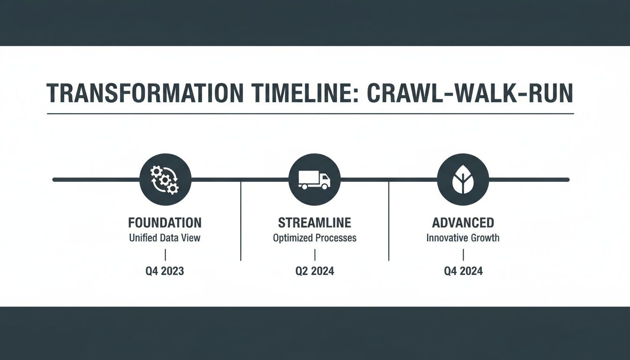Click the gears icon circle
[x=165, y=180]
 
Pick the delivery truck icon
[x=315, y=180]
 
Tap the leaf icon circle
[x=463, y=180]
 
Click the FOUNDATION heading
[x=165, y=222]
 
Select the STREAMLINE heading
[x=315, y=222]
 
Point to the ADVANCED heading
[x=463, y=222]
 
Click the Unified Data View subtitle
[x=165, y=238]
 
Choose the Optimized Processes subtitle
[x=315, y=238]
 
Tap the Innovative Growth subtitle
[x=463, y=238]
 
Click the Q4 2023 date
[x=165, y=271]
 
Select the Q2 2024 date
[x=315, y=271]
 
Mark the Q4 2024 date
[x=463, y=271]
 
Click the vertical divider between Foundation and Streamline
[x=240, y=220]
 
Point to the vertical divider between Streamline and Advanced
[x=389, y=220]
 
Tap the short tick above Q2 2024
[x=315, y=255]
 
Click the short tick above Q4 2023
[x=165, y=255]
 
